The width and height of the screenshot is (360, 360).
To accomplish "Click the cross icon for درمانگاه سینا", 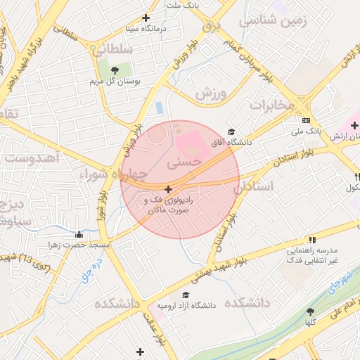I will tap(146, 18).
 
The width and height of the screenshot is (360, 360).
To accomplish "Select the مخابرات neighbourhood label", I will tap(271, 105).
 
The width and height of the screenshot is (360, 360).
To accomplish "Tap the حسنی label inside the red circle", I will tap(184, 162).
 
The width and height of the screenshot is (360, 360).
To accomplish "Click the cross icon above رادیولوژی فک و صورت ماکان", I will tap(168, 189).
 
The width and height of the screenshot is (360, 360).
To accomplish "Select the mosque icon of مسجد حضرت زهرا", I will tap(79, 235).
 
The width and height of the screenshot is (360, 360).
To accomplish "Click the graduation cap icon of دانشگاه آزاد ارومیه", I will tap(186, 295).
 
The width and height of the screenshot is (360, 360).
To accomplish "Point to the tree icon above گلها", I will tap(311, 311).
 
